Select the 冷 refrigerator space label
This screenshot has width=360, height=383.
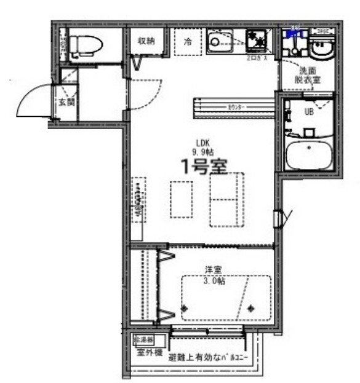pyautogui.click(x=188, y=42)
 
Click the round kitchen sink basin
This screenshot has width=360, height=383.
pyautogui.click(x=216, y=42)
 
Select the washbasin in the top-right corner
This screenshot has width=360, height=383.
pyautogui.click(x=320, y=47)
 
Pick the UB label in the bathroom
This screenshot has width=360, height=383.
pyautogui.click(x=310, y=112)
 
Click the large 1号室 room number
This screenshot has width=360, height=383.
pyautogui.click(x=202, y=165)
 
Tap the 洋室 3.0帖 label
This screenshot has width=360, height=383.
pyautogui.click(x=215, y=274)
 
